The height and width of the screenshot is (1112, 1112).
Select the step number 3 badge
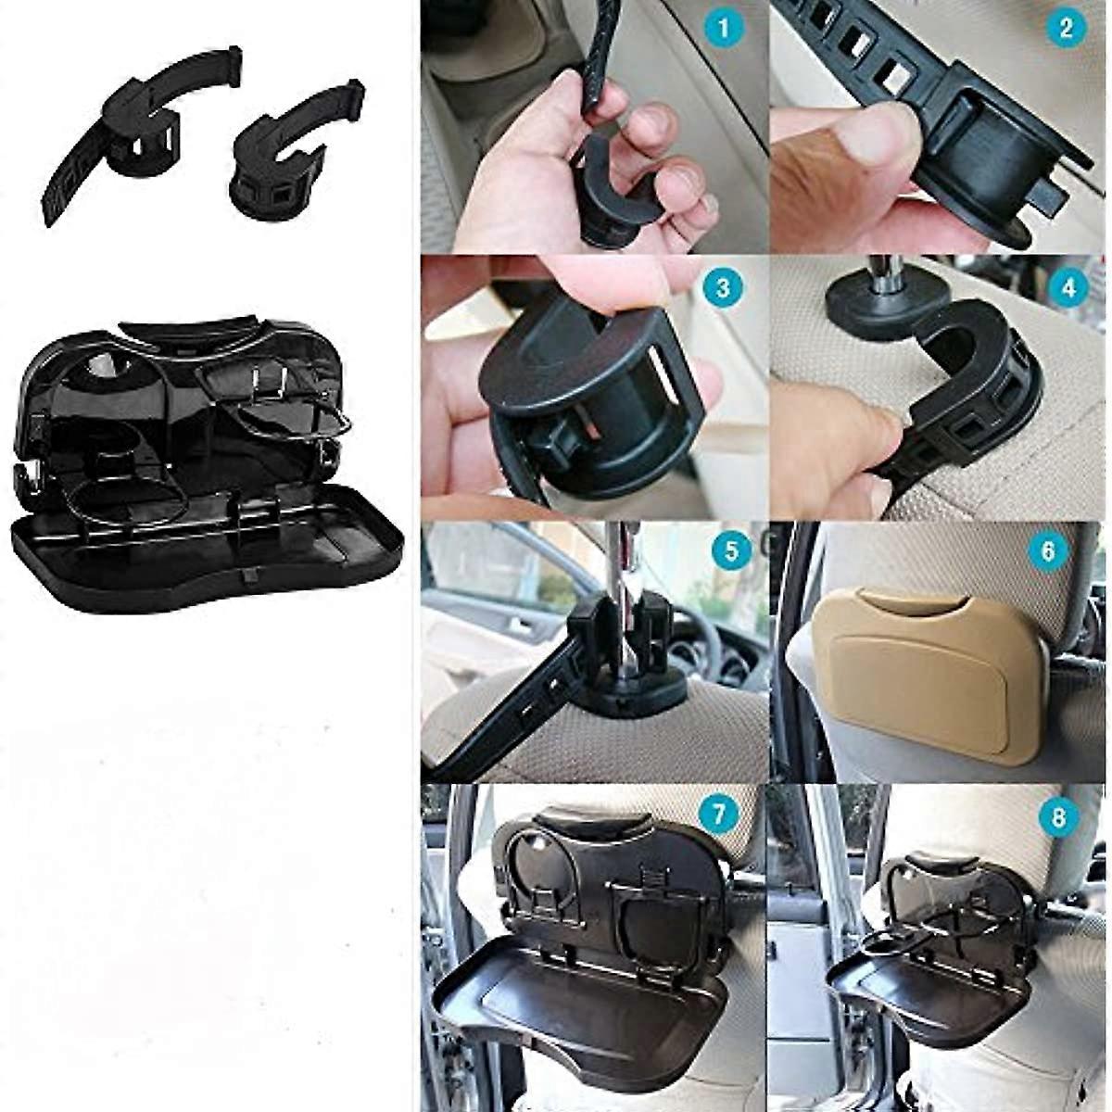click(723, 287)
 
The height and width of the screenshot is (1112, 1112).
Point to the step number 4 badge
click(1069, 287)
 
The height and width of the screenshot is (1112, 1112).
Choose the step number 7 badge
click(718, 814)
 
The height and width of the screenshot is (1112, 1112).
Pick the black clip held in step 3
click(583, 404)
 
